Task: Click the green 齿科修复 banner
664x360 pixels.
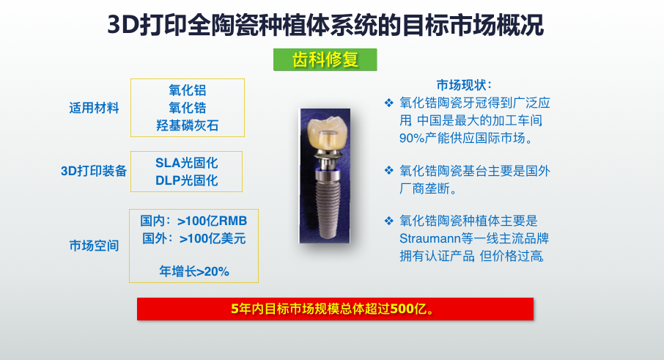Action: click(325, 59)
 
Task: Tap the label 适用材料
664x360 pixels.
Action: click(94, 108)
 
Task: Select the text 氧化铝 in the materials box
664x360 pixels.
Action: click(187, 90)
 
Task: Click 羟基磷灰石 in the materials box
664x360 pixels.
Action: click(187, 125)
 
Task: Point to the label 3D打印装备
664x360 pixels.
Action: click(94, 171)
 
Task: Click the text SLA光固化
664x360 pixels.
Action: click(186, 163)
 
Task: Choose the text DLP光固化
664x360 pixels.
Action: click(186, 180)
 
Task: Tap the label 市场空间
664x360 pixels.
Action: click(94, 246)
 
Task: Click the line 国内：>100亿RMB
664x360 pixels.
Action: click(193, 221)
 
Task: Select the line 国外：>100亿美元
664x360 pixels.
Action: click(193, 238)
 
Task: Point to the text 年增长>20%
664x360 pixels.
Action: click(194, 271)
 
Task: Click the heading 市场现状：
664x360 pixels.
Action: click(464, 85)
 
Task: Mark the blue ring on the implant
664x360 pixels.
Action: click(328, 171)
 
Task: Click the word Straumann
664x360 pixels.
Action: click(429, 238)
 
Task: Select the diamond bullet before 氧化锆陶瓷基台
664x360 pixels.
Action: click(388, 170)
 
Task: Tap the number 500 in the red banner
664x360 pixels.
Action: click(402, 309)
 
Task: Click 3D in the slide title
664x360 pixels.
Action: click(123, 25)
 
